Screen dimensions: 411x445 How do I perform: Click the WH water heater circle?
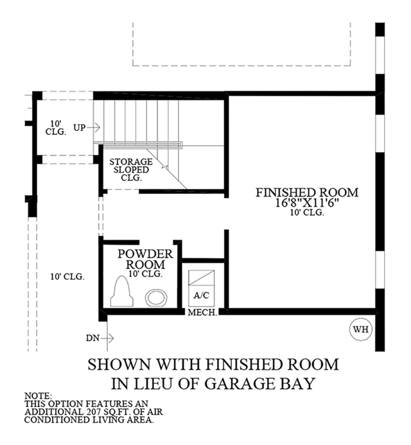coord(360,329)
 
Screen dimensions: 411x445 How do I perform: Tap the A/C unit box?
coord(202,288)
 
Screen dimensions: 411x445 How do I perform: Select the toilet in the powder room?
coord(122,291)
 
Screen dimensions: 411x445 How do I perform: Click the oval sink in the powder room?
coord(156,298)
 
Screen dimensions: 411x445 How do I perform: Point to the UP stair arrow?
coord(93,128)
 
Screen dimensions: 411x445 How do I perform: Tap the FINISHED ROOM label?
coord(307,193)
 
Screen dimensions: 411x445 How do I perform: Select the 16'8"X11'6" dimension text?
coord(308,203)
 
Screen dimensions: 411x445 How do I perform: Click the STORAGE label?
coord(131,162)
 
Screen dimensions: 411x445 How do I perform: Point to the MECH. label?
coord(203,313)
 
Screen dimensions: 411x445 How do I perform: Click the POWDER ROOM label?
coord(145,259)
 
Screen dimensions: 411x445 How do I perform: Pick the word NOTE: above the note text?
coord(38,396)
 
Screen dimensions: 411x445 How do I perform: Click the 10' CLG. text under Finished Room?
coord(307,213)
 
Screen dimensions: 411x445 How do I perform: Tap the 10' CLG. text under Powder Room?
coord(145,274)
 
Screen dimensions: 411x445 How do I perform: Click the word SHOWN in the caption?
coord(119,364)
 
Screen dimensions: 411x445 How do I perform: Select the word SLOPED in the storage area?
coord(131,170)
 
